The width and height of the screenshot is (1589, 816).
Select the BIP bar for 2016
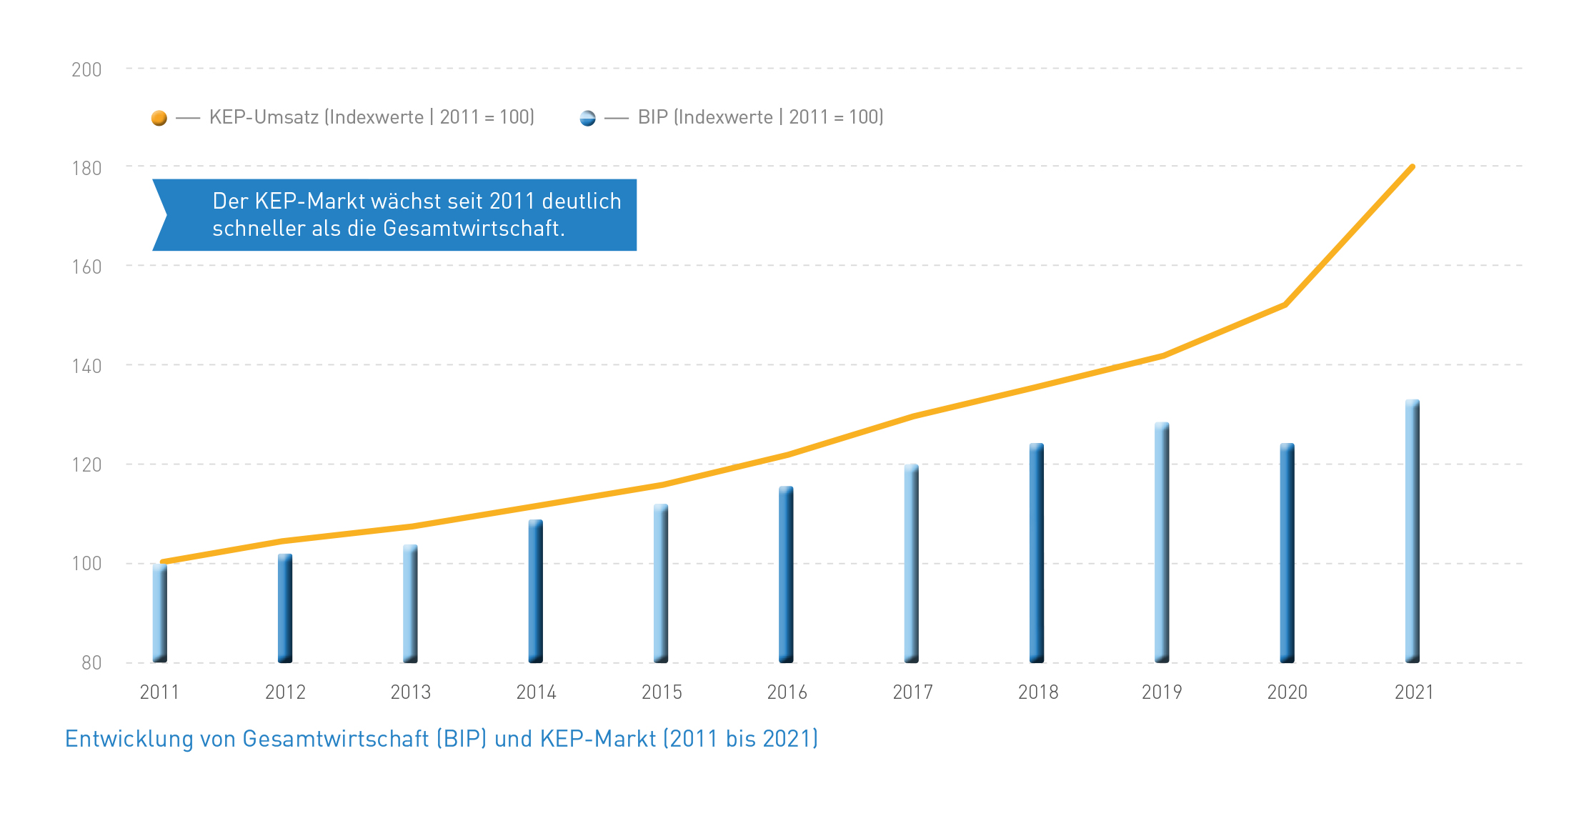(x=786, y=574)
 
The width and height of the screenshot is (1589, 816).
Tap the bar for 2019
(x=1162, y=543)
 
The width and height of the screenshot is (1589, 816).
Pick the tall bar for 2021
(x=1413, y=532)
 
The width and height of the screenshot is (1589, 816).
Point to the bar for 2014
(x=536, y=592)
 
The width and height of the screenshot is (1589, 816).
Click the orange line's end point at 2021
(x=1413, y=167)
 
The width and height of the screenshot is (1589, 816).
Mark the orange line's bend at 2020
(x=1285, y=305)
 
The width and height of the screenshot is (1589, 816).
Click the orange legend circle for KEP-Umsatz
(x=159, y=118)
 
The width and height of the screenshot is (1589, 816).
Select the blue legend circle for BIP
(x=587, y=118)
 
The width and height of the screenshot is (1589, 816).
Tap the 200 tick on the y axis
(x=86, y=70)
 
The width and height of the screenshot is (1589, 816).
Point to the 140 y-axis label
(x=86, y=367)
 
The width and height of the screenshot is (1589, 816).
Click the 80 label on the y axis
(x=91, y=663)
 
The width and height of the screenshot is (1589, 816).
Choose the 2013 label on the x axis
(x=411, y=692)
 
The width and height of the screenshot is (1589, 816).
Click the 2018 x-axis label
(x=1038, y=692)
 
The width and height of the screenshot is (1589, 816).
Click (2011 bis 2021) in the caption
(x=740, y=739)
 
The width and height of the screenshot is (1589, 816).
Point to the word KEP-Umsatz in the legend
(x=264, y=117)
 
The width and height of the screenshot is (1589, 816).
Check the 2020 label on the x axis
(x=1287, y=692)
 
